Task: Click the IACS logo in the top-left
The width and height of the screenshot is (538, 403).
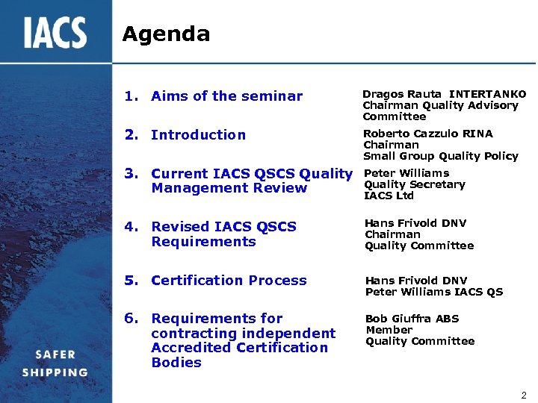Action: (x=55, y=33)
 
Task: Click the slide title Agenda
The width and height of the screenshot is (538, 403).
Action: (x=166, y=34)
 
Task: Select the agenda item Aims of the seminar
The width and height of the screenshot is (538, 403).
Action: (x=226, y=96)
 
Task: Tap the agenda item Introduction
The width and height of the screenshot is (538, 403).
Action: (x=198, y=135)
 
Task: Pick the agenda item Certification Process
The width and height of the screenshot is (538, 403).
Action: (x=229, y=281)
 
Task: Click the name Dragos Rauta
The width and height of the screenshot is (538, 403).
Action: (x=402, y=94)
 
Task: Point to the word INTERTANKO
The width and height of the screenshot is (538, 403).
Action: (x=487, y=94)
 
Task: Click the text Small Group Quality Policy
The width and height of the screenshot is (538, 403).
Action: (x=440, y=156)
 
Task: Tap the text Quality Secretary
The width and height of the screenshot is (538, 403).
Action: (x=414, y=184)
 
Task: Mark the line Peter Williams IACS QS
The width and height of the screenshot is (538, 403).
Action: (x=433, y=292)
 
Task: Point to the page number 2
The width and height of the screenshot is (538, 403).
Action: (x=524, y=395)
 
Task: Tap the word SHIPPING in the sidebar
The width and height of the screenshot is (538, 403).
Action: (x=55, y=372)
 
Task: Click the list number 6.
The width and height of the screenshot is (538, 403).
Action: (x=132, y=319)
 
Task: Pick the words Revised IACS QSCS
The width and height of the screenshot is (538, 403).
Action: (x=223, y=227)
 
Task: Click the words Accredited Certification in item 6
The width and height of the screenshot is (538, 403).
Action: (x=239, y=348)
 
